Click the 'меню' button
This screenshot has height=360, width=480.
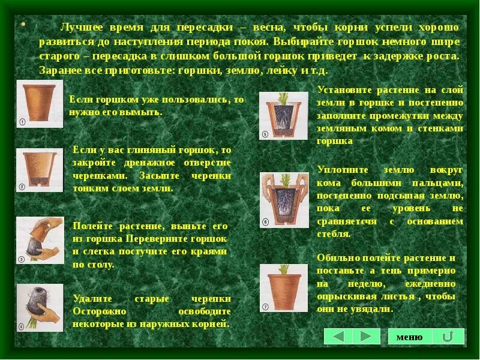410,337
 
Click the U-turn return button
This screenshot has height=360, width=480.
448,337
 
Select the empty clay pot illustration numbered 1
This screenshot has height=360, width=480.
39,103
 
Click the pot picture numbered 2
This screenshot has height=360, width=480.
39,170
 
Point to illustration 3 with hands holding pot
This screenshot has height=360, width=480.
40,240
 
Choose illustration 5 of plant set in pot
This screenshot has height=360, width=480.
283,115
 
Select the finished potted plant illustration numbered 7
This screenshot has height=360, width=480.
283,287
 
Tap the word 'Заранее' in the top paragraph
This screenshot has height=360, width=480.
58,70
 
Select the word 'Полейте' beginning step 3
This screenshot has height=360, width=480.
92,226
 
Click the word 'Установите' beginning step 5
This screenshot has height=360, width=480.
344,90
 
